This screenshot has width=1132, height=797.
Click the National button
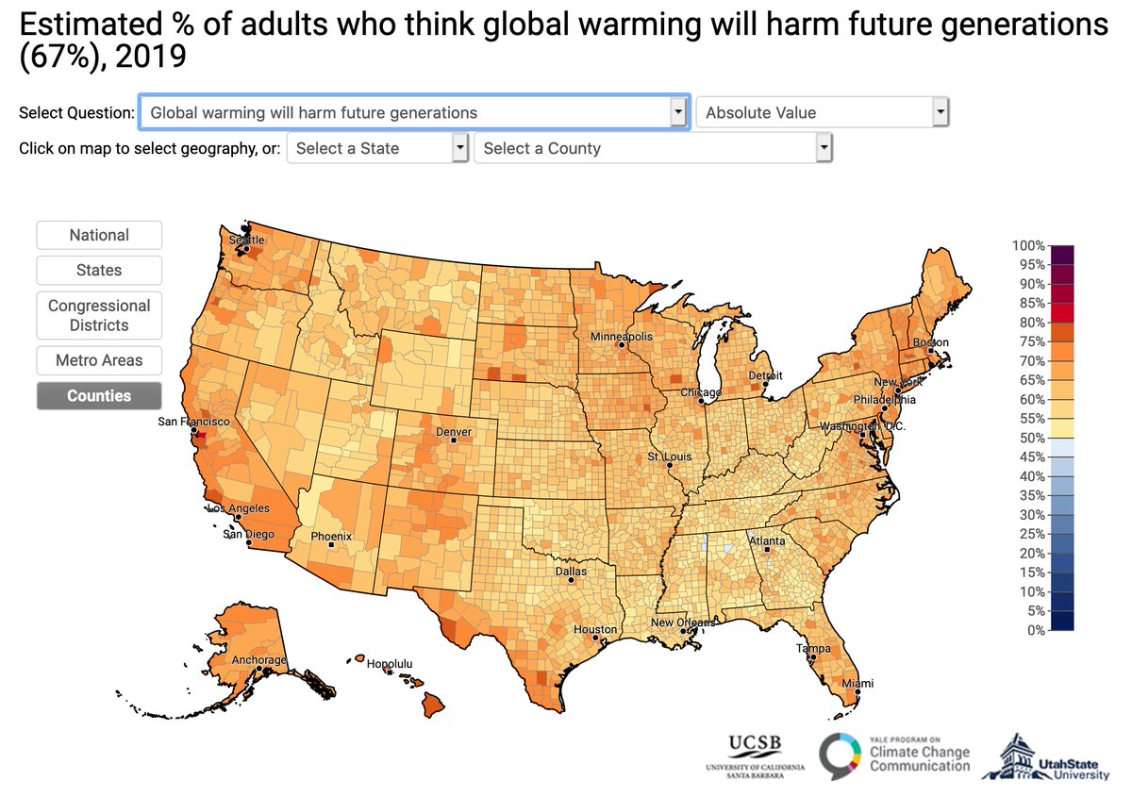tap(99, 235)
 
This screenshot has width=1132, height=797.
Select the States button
tap(99, 270)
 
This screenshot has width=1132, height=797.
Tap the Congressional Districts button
tap(99, 315)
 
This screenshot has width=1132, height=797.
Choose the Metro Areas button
tap(99, 359)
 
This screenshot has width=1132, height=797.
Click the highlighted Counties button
tap(99, 395)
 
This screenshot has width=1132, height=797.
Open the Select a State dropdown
tap(377, 148)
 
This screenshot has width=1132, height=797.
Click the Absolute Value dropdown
tap(822, 112)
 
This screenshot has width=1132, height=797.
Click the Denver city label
tap(453, 431)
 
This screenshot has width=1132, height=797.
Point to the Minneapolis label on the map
tap(621, 336)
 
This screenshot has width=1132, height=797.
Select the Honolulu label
tap(390, 663)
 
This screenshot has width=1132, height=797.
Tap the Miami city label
tap(857, 683)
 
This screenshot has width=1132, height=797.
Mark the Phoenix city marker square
tap(331, 545)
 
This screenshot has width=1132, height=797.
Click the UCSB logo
tap(755, 754)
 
